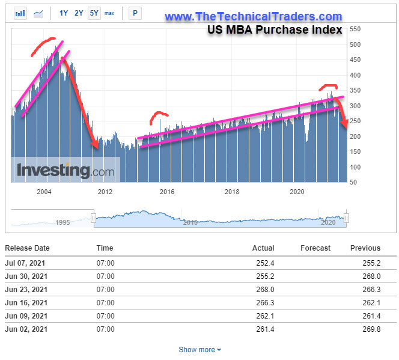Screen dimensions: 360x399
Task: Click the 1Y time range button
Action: click(x=64, y=13)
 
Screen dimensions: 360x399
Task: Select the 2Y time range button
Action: click(x=79, y=13)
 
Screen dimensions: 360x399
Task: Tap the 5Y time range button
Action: click(x=94, y=13)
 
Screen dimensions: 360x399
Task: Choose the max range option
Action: click(x=109, y=13)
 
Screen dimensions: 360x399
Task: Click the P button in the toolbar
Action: click(x=134, y=13)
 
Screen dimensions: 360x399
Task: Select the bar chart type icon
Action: click(x=20, y=13)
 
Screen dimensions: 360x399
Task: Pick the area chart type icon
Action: click(x=38, y=13)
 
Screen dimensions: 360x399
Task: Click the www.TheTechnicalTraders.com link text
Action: click(x=253, y=17)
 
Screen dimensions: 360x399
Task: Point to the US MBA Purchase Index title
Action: click(x=275, y=29)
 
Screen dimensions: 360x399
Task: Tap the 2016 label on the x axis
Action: click(x=166, y=192)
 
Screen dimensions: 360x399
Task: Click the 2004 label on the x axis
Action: click(x=44, y=192)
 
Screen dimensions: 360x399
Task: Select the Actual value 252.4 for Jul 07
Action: click(x=264, y=263)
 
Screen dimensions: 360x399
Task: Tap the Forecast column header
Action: click(x=315, y=248)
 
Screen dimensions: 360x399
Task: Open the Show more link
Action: click(x=199, y=349)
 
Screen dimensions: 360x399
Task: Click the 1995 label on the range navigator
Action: click(x=63, y=222)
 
